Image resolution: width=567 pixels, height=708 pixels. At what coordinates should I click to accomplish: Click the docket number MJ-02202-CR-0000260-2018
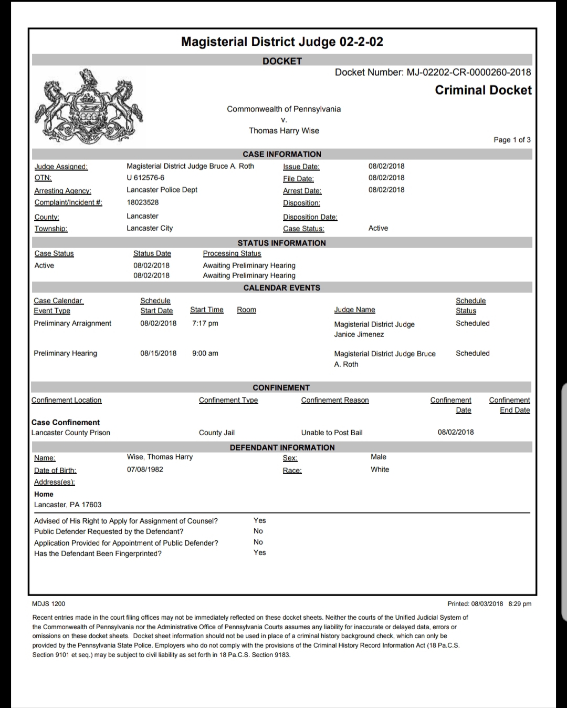469,73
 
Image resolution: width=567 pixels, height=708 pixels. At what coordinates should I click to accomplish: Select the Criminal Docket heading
483,90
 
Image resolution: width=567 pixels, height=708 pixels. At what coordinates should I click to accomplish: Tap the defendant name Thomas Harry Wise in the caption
283,131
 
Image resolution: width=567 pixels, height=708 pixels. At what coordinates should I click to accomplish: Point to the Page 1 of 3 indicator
512,140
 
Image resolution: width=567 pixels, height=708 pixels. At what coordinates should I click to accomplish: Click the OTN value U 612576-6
145,178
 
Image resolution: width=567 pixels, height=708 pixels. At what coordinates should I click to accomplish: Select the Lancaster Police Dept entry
162,190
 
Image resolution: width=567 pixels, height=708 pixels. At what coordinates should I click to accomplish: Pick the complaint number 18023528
142,202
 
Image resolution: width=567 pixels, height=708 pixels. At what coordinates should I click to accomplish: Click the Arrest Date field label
302,191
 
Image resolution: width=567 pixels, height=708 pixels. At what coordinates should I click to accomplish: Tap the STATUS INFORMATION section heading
281,243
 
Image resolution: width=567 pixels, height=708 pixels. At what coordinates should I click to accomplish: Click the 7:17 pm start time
205,323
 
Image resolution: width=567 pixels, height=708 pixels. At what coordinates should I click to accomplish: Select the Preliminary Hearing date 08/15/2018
158,353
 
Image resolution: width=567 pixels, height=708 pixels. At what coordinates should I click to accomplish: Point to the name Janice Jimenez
359,334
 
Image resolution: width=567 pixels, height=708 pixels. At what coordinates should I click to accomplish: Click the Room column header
246,310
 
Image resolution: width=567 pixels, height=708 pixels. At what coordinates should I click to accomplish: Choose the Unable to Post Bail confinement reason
332,433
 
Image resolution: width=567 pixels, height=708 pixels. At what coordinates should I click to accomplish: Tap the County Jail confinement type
217,433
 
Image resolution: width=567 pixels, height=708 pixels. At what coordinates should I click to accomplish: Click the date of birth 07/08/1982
145,469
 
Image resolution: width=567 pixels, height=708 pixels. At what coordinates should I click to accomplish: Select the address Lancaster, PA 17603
68,505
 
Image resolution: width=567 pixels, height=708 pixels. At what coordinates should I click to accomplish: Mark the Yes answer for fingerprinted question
260,552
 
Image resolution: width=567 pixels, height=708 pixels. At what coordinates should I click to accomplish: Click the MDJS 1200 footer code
49,604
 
